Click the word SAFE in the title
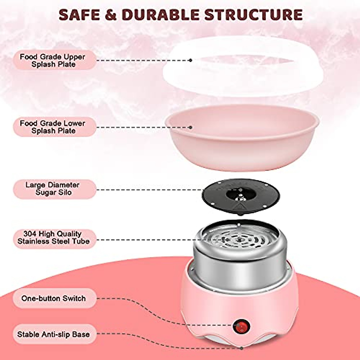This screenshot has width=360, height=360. pos(80,14)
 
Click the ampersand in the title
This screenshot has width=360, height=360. pos(111,14)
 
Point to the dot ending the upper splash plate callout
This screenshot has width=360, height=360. pos(190,60)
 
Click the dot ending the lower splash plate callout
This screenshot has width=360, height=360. pos(190,127)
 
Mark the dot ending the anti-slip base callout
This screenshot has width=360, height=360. pos(242,348)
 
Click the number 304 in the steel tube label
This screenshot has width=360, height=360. pos(30,233)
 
